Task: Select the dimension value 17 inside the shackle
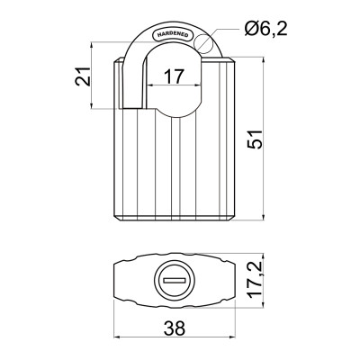[175, 77]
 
